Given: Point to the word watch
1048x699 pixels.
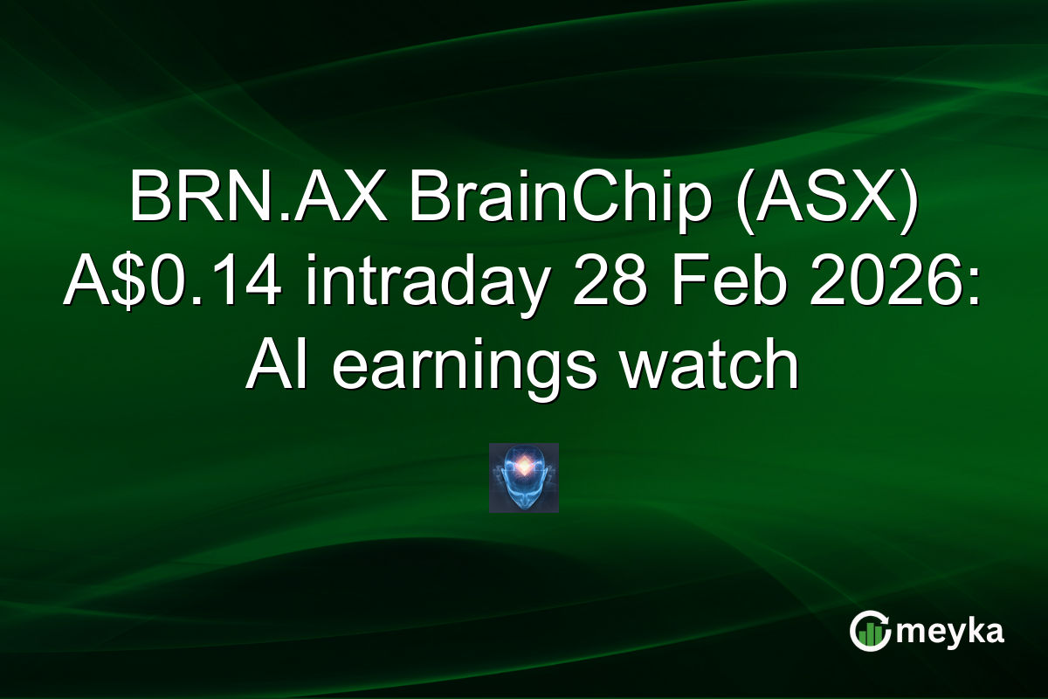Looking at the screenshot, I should click(x=708, y=369).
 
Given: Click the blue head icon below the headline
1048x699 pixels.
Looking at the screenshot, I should click(x=523, y=478).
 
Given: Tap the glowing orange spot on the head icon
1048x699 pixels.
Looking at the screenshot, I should click(x=523, y=467).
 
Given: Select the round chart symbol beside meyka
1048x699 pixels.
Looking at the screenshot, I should click(x=868, y=632).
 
